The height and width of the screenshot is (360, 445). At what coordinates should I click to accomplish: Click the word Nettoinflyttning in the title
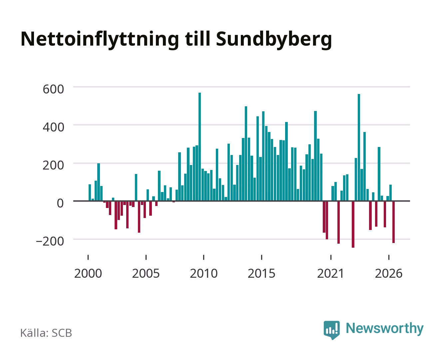pyautogui.click(x=100, y=40)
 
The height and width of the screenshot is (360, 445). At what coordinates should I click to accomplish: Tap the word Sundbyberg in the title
pyautogui.click(x=274, y=40)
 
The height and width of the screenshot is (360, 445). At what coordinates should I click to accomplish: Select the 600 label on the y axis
pyautogui.click(x=53, y=89)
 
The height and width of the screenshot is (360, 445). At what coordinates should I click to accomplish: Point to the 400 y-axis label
pyautogui.click(x=53, y=127)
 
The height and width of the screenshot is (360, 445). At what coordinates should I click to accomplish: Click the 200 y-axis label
pyautogui.click(x=53, y=165)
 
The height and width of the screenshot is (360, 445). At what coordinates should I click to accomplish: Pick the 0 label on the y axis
pyautogui.click(x=60, y=203)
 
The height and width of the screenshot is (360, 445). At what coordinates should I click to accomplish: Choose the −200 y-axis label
pyautogui.click(x=50, y=241)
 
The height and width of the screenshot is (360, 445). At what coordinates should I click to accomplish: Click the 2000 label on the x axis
pyautogui.click(x=88, y=273)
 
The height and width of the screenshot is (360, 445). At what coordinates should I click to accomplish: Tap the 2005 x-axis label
pyautogui.click(x=146, y=273)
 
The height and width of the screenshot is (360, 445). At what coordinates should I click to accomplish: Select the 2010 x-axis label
pyautogui.click(x=204, y=273)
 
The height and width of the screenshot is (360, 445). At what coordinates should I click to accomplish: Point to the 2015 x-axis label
pyautogui.click(x=261, y=273)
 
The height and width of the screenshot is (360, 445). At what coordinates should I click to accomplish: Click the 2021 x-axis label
pyautogui.click(x=330, y=273)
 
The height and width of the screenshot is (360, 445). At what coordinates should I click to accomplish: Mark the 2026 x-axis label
pyautogui.click(x=389, y=273)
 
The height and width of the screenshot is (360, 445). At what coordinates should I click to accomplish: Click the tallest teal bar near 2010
pyautogui.click(x=200, y=147)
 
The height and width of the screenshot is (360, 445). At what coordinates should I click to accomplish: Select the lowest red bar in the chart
pyautogui.click(x=353, y=224)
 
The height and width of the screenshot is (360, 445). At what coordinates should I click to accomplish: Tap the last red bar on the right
pyautogui.click(x=393, y=222)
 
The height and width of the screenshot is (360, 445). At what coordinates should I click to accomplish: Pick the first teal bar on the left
pyautogui.click(x=90, y=193)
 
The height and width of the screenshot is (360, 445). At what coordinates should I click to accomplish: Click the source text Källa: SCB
pyautogui.click(x=46, y=333)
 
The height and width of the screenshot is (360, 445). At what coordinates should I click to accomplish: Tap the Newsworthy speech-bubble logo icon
pyautogui.click(x=331, y=330)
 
